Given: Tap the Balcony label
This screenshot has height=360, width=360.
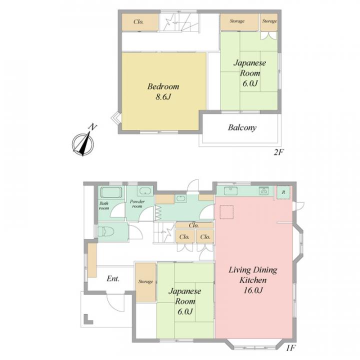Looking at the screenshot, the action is pyautogui.click(x=242, y=127).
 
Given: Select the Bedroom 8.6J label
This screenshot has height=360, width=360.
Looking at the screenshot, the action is pyautogui.click(x=163, y=91).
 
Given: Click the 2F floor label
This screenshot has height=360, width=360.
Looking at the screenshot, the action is pyautogui.click(x=279, y=152).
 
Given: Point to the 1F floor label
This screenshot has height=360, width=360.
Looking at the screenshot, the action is pyautogui.click(x=290, y=348).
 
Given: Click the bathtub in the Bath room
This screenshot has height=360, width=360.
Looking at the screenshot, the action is pyautogui.click(x=111, y=193).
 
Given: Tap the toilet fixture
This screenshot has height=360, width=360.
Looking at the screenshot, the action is pyautogui.click(x=106, y=231).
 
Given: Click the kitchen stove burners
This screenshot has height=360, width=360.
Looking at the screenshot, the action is pyautogui.click(x=263, y=191).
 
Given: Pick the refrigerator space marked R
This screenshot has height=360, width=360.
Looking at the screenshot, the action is pyautogui.click(x=284, y=192).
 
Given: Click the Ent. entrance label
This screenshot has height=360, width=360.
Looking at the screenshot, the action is pyautogui.click(x=113, y=278).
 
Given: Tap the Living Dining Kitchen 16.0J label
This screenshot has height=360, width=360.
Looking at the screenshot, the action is pyautogui.click(x=253, y=280).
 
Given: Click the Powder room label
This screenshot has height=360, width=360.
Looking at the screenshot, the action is pyautogui.click(x=137, y=204).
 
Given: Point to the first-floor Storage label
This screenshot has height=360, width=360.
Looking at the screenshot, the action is pyautogui.click(x=145, y=281).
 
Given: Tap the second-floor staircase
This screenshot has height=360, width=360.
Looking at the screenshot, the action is pyautogui.click(x=178, y=22).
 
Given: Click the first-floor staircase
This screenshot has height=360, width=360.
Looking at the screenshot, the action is pyautogui.click(x=164, y=232).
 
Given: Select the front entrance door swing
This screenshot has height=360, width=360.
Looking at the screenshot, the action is pyautogui.click(x=115, y=302).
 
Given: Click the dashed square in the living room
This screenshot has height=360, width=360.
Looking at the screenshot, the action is pyautogui.click(x=226, y=212).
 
